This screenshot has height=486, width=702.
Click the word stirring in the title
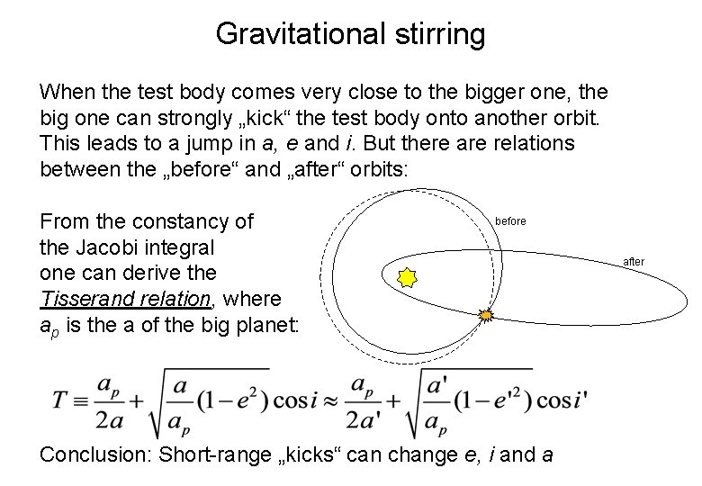443,34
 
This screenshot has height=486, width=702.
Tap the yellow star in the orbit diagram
407,277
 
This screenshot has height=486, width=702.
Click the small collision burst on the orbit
486,315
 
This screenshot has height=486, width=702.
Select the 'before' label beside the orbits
510,221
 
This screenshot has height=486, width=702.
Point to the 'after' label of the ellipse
634,262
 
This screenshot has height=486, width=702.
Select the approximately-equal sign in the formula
331,399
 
